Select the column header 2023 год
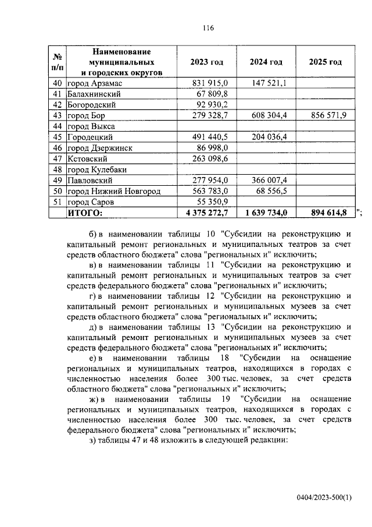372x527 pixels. (206, 62)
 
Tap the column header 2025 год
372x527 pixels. (325, 62)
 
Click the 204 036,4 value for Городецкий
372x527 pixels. (268, 137)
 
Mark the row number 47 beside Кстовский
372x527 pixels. (57, 159)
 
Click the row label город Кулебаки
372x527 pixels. (96, 169)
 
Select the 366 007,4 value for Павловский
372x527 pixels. (268, 181)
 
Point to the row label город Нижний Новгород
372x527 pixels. (113, 192)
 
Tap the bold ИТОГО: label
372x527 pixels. (85, 213)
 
